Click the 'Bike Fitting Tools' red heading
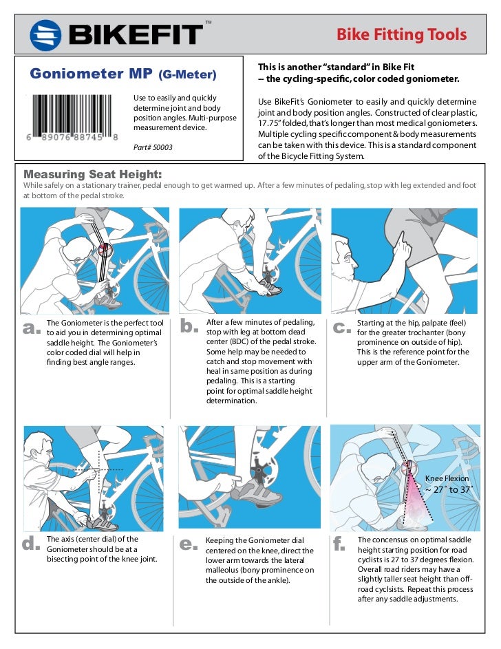coord(401,34)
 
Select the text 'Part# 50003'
coord(152,147)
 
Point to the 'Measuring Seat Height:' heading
coord(93,173)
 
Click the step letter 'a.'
coord(32,328)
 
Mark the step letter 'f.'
coord(339,544)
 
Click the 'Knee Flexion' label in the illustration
coord(447,478)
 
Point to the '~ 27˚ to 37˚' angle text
coord(448,489)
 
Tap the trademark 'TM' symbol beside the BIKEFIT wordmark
coord(209,23)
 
